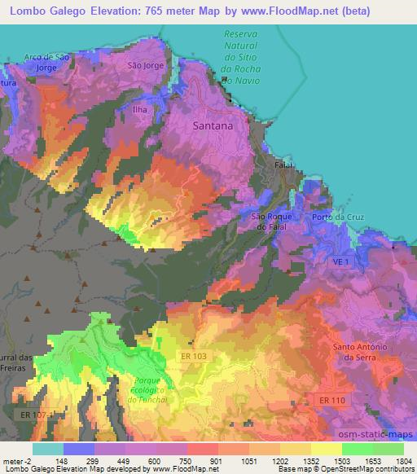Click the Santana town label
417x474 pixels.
pyautogui.click(x=213, y=126)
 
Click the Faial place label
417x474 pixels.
pyautogui.click(x=283, y=165)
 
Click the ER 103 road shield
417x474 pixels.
pyautogui.click(x=195, y=357)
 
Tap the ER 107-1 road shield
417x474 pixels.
pyautogui.click(x=33, y=415)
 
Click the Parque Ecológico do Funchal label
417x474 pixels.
pyautogui.click(x=147, y=388)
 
